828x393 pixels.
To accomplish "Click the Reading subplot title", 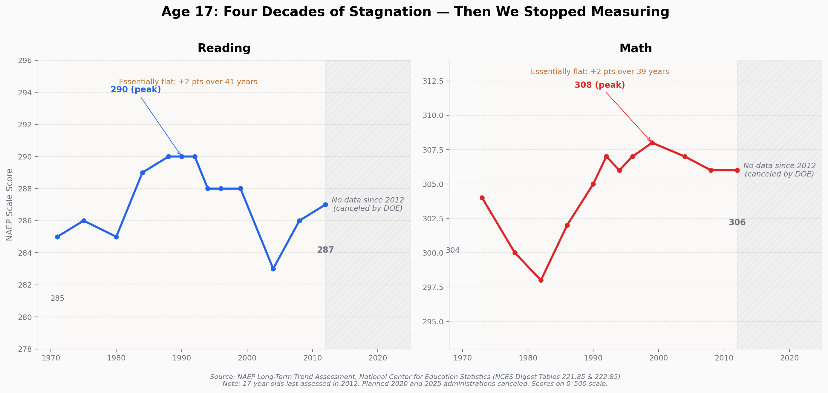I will [224, 48].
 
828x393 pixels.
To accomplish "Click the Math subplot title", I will [636, 48].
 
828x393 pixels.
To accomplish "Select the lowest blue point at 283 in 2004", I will [273, 269].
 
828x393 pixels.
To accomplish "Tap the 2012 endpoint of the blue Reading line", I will [325, 205].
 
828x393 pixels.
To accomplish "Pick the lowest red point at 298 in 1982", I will [541, 280].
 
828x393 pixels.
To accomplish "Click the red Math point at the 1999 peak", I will [652, 143].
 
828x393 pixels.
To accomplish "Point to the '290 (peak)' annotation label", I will [136, 90].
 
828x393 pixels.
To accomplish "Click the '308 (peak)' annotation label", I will [599, 85].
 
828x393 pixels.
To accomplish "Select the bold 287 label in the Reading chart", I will [325, 250].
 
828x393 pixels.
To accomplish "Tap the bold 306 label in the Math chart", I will [737, 222].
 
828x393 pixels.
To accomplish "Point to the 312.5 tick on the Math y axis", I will [433, 81].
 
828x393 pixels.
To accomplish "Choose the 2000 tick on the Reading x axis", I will [247, 358].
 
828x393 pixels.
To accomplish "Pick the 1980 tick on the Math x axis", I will [528, 358].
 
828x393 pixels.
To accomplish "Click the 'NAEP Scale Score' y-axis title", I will [10, 205].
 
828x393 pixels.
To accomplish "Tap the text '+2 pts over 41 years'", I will [218, 82].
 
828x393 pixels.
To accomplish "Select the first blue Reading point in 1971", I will [58, 237].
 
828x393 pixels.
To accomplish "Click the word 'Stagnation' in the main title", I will [390, 12].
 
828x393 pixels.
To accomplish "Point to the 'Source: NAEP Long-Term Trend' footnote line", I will [415, 377].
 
